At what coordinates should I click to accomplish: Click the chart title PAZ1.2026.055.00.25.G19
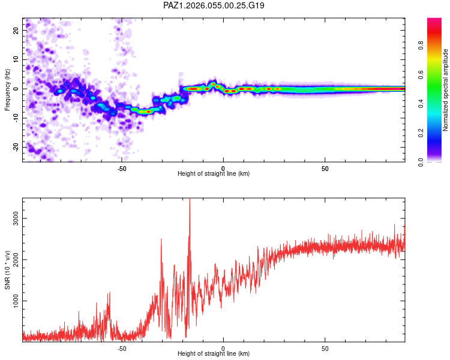click(214, 5)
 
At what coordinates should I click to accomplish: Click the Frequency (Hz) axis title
click(7, 90)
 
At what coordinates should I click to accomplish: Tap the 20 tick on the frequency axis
click(16, 30)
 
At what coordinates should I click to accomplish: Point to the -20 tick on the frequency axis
click(16, 147)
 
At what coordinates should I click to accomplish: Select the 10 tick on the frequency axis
click(16, 59)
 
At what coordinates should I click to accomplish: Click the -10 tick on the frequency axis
click(16, 118)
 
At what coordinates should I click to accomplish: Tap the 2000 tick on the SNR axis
click(16, 260)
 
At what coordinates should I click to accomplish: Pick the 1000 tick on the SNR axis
click(16, 301)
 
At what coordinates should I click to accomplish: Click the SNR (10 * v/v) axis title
click(7, 270)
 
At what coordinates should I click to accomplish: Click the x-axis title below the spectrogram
click(214, 174)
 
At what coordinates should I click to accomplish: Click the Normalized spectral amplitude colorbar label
click(445, 90)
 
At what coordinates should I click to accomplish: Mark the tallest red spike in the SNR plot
click(190, 200)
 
